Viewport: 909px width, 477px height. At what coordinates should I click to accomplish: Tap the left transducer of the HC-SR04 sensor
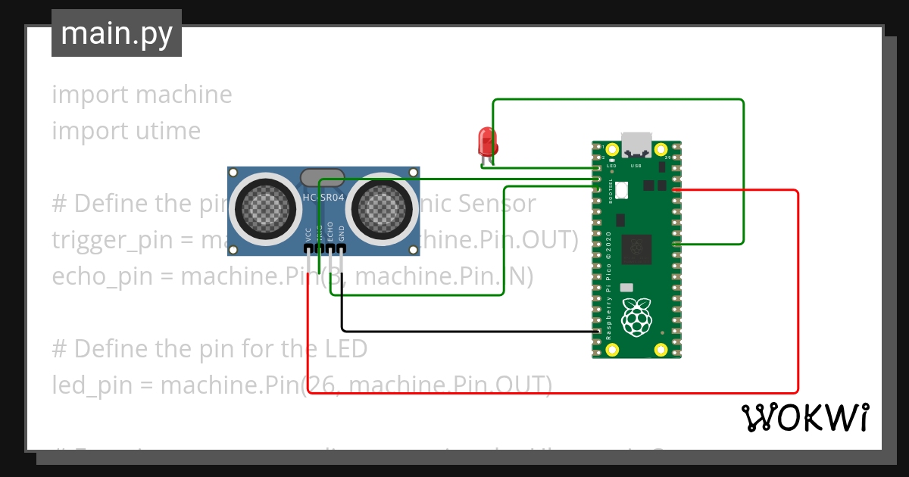262,204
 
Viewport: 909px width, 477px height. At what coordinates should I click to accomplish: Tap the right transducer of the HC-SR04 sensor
383,204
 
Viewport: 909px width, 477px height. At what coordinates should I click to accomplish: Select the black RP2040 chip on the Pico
636,248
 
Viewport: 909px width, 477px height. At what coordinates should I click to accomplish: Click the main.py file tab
117,34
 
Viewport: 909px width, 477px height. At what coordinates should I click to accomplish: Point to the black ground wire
454,331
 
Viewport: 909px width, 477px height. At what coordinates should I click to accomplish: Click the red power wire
798,303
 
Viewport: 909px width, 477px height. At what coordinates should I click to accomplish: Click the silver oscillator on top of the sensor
323,178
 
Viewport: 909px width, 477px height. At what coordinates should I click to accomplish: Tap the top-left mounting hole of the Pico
611,149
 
